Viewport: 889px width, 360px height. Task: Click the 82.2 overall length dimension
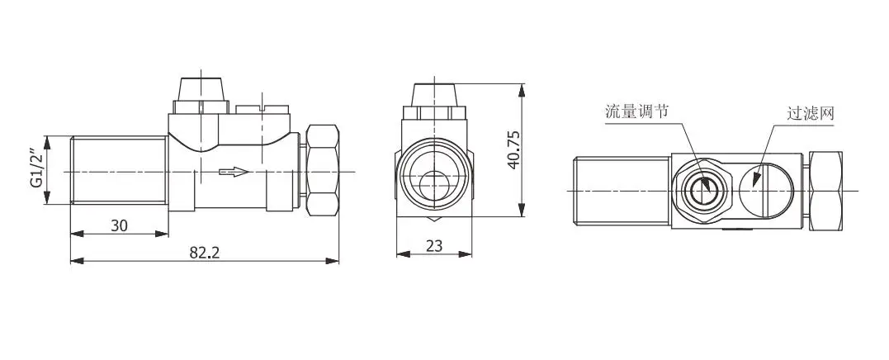click(x=204, y=253)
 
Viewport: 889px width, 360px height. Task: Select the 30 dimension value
click(x=119, y=225)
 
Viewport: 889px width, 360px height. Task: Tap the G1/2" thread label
click(x=37, y=170)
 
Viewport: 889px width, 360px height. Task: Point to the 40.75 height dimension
click(x=513, y=150)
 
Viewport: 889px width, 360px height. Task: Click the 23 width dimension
click(x=433, y=245)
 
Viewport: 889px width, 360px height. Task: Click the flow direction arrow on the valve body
click(x=234, y=171)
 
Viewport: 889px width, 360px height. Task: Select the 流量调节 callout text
click(x=636, y=111)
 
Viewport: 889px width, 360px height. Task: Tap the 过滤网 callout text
click(x=811, y=113)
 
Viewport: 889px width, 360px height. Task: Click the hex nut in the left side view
click(x=323, y=170)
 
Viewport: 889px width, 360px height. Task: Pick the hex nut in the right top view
click(x=825, y=191)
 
